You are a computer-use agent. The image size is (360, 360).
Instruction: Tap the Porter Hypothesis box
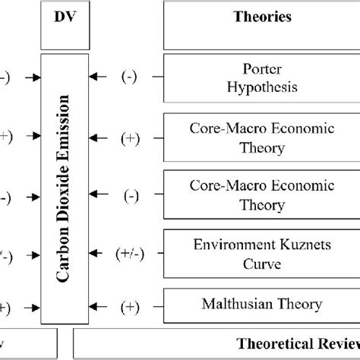coord(260,77)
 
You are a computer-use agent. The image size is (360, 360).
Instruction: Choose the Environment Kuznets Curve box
coord(260,255)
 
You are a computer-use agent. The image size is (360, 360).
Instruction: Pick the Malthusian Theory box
coord(260,305)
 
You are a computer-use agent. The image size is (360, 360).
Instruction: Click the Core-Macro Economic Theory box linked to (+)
coord(260,136)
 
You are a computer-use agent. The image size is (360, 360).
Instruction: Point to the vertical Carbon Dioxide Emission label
coord(65,190)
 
